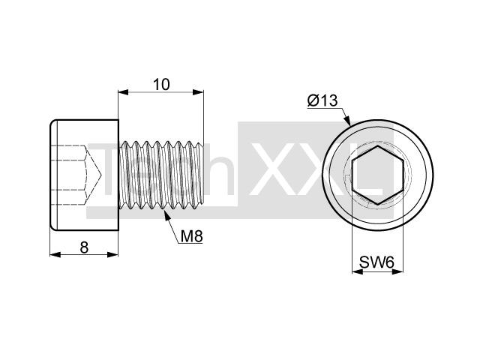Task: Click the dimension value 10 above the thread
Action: click(x=161, y=85)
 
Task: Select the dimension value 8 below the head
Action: click(x=84, y=247)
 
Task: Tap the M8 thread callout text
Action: click(x=192, y=236)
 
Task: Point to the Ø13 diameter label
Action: click(x=322, y=100)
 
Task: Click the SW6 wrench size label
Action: click(x=376, y=262)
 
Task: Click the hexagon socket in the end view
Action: click(x=378, y=175)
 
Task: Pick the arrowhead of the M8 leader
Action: click(x=167, y=215)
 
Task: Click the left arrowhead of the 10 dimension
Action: click(x=123, y=92)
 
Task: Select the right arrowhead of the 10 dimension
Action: click(x=198, y=92)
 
